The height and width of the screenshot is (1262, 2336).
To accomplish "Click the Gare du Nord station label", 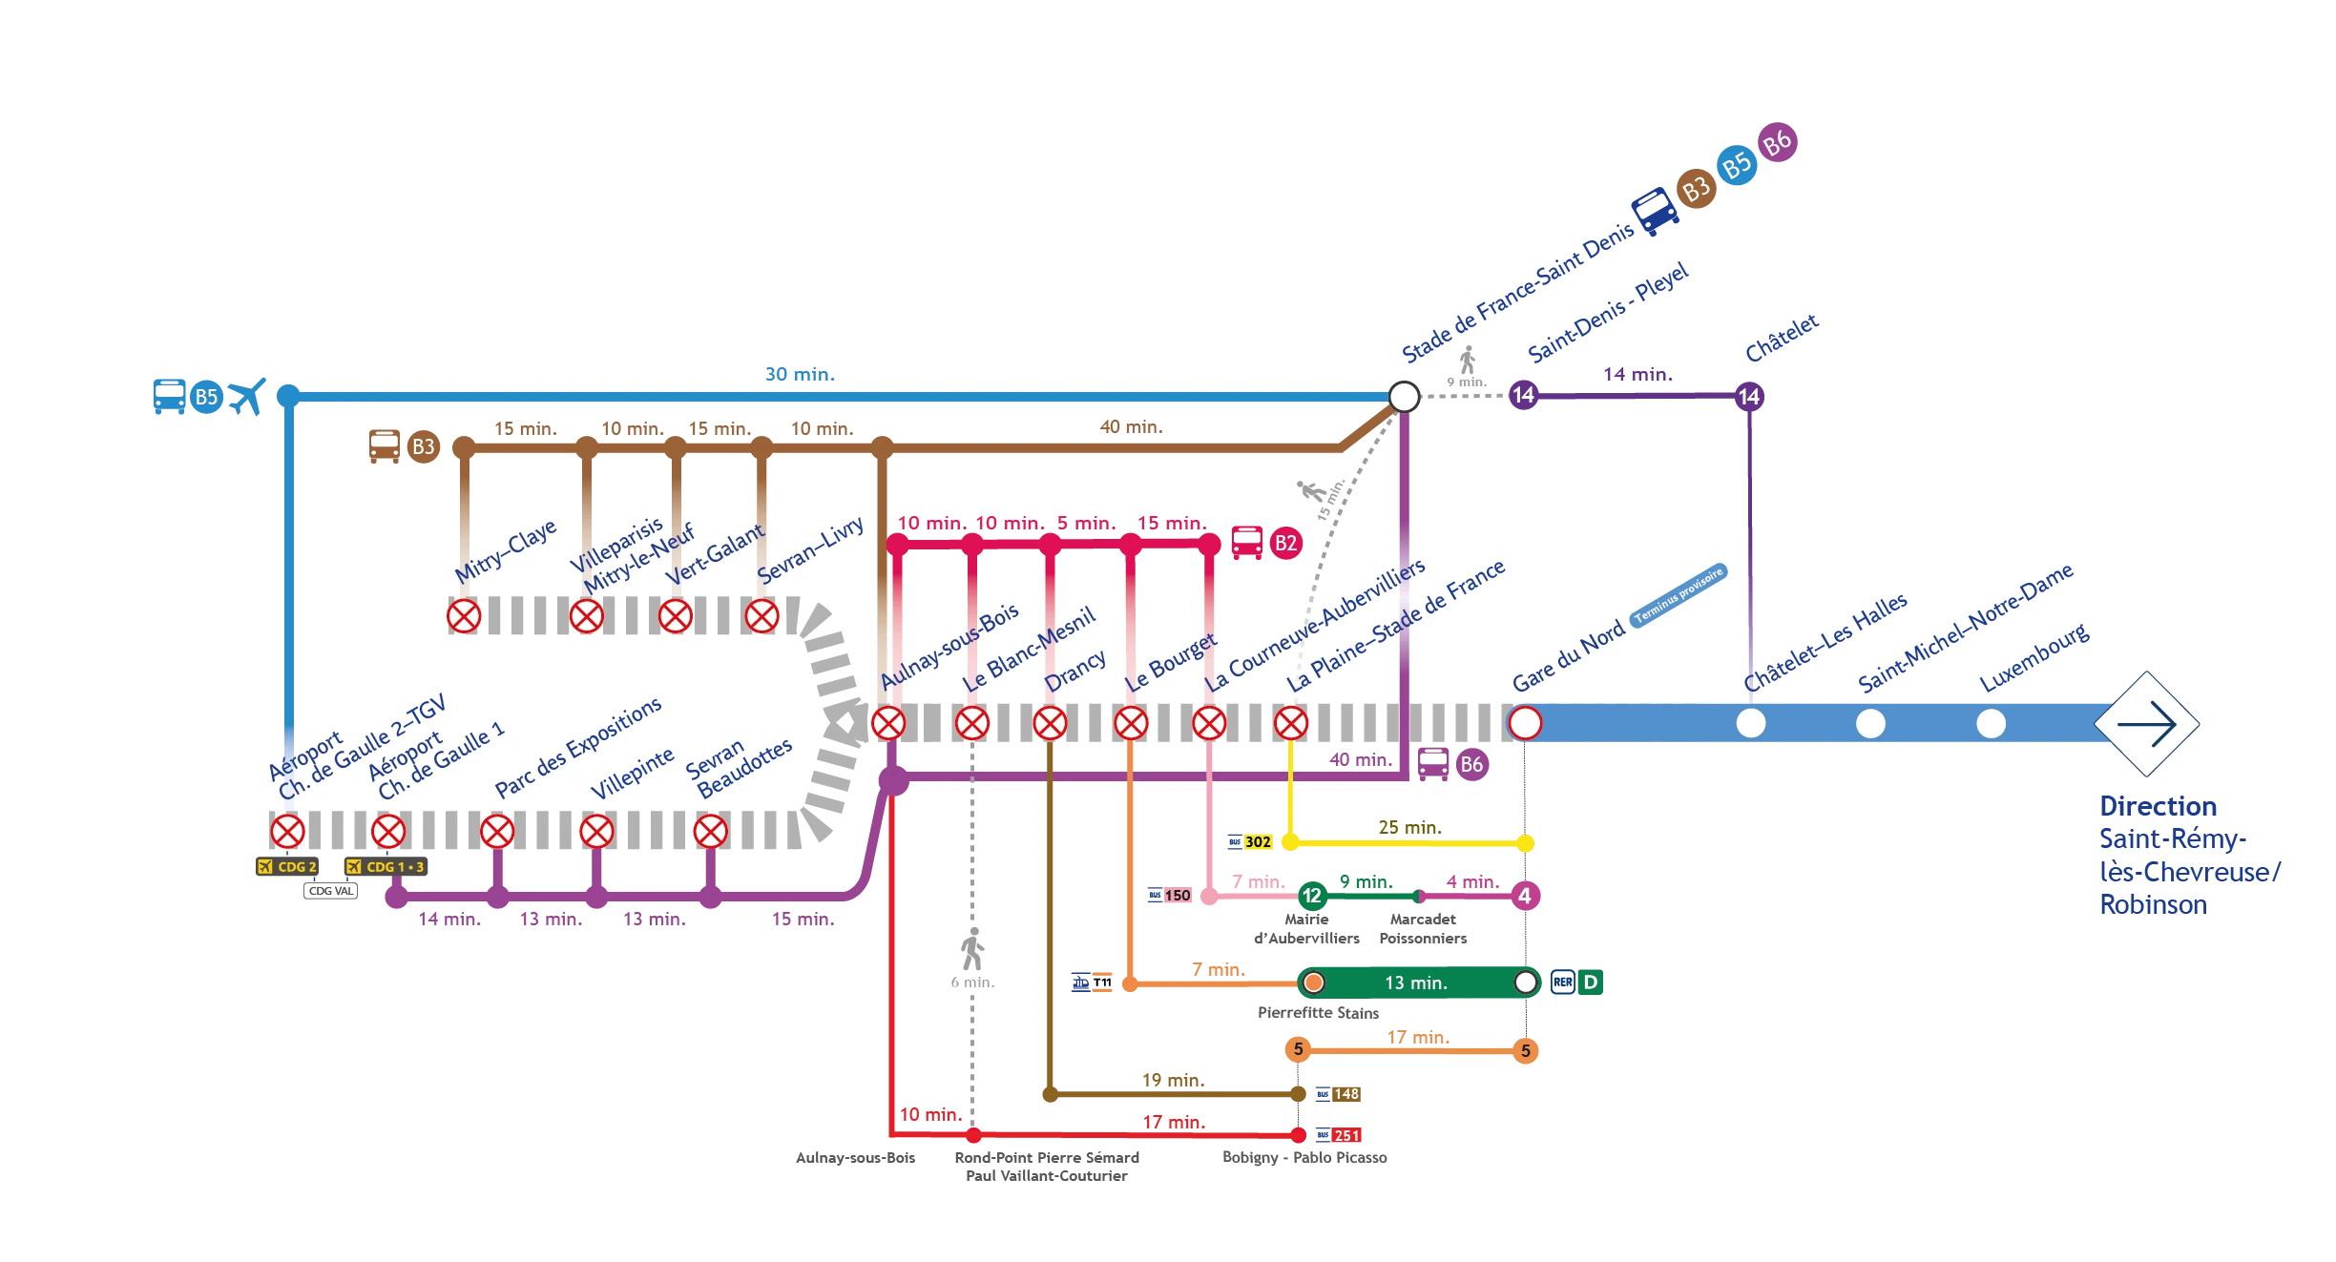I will pos(1568,655).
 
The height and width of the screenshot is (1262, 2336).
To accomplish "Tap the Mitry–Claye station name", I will pos(505,551).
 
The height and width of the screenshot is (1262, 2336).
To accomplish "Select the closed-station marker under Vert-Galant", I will pos(676,616).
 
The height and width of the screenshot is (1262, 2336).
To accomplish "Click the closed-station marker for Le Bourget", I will pos(1131,723).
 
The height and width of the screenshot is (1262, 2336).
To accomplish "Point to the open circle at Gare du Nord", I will pos(1525,723).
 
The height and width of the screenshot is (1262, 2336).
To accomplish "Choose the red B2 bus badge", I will pos(1285,543).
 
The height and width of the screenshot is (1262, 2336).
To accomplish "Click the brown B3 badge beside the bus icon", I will pos(423,446).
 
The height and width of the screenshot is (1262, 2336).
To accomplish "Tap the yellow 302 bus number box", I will pos(1258,842).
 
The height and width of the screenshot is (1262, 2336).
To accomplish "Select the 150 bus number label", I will pos(1178,896).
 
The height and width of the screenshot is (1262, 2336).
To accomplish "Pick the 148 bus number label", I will pos(1345,1094).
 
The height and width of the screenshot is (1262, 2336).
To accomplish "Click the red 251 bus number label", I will pos(1345,1135).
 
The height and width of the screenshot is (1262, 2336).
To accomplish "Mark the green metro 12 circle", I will pos(1312,896).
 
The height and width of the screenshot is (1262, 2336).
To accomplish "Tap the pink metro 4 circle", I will pos(1524,896).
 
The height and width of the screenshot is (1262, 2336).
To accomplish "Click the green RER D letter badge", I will pos(1590,982).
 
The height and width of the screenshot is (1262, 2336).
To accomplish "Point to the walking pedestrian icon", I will pos(972,948).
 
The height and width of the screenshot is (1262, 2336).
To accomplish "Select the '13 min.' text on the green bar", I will pos(1415,983).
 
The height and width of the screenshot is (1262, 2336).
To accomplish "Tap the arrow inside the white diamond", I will pos(2147,724).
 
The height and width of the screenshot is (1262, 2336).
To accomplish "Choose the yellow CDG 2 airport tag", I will pos(287,866).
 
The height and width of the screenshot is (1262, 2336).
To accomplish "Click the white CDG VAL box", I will pos(331,891).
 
